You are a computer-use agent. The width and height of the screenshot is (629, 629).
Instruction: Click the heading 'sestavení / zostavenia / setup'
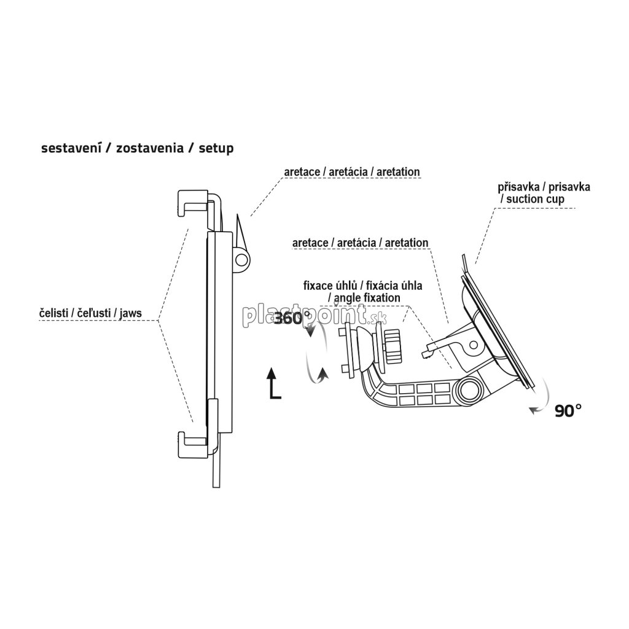(137, 148)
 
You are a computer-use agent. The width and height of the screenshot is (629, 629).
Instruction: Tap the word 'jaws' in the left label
(131, 313)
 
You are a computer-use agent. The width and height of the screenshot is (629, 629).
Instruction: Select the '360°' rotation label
(292, 319)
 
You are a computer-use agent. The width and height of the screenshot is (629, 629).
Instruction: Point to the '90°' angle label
(568, 410)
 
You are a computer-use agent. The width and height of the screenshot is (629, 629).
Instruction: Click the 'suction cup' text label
(533, 199)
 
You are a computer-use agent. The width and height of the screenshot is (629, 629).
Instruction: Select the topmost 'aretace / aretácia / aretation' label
(352, 171)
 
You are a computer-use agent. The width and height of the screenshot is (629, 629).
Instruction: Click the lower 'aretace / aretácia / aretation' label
(361, 243)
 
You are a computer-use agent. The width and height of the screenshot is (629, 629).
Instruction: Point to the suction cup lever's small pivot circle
(473, 345)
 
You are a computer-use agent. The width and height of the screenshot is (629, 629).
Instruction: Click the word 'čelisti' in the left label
(53, 313)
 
